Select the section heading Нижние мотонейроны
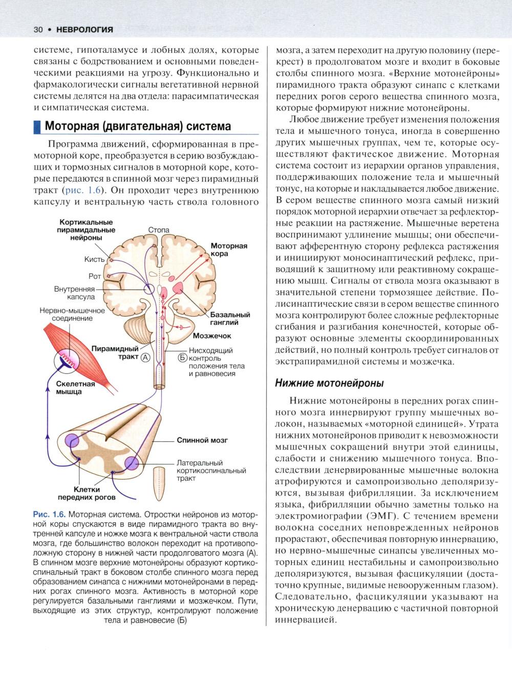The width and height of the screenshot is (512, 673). click(x=329, y=383)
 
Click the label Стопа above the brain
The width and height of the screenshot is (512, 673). click(x=159, y=230)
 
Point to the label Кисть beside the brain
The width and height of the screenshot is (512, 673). click(x=94, y=259)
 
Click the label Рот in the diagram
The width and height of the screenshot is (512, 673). click(x=95, y=276)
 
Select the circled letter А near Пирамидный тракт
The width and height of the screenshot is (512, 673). click(x=145, y=357)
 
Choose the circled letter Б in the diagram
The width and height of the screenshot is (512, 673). click(x=183, y=357)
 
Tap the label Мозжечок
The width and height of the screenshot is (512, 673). click(x=212, y=336)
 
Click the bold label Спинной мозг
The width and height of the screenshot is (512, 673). click(x=202, y=440)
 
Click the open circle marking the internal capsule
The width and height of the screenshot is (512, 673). click(x=148, y=289)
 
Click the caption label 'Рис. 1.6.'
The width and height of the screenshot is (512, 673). click(x=49, y=513)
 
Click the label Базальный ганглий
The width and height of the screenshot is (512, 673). click(x=230, y=319)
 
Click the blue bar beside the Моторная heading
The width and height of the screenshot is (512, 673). click(x=36, y=126)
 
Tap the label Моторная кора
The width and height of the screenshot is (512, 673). click(x=229, y=250)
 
